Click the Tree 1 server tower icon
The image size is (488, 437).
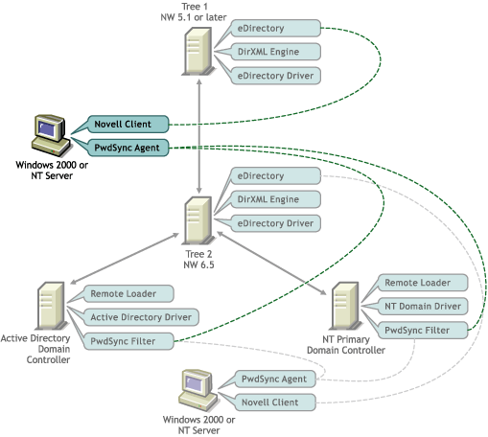click(x=198, y=52)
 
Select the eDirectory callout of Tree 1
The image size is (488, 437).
click(x=275, y=28)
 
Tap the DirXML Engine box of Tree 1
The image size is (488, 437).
click(x=275, y=52)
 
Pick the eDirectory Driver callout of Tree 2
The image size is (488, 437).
click(x=275, y=223)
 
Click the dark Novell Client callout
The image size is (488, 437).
click(x=128, y=125)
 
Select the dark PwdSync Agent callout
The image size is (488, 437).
click(x=128, y=148)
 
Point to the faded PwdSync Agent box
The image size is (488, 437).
click(x=275, y=379)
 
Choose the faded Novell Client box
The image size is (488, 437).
click(x=275, y=402)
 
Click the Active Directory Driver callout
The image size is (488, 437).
click(x=141, y=317)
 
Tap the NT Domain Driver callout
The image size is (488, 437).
click(x=423, y=307)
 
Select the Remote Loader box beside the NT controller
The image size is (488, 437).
click(x=423, y=283)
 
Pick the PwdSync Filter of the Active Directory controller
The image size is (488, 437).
click(x=128, y=341)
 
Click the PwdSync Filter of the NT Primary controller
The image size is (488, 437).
click(x=423, y=331)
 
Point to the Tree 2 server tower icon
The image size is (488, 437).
click(x=198, y=220)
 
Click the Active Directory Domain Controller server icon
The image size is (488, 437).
click(x=51, y=306)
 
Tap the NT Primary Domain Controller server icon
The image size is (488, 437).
click(x=345, y=306)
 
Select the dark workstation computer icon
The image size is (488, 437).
click(x=51, y=135)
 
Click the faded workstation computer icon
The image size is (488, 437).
click(x=198, y=390)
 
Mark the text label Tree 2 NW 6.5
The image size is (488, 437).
click(x=198, y=260)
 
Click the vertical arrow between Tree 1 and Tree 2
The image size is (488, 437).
click(x=199, y=136)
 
